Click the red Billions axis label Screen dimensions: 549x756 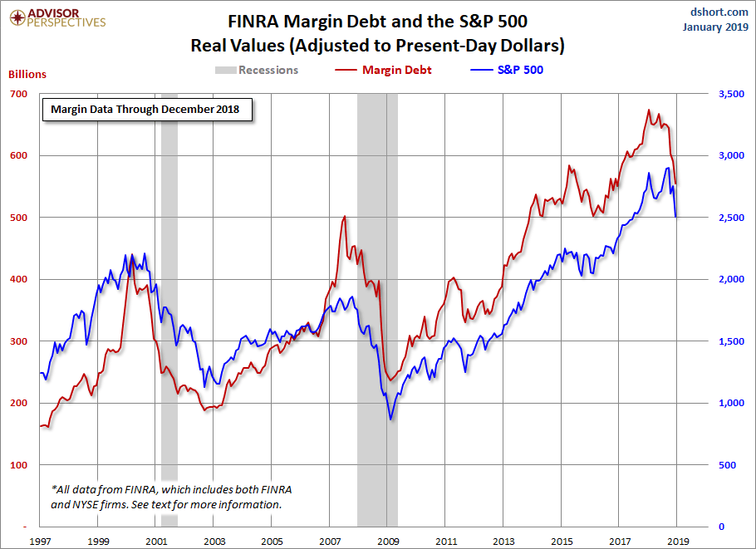[x=27, y=74]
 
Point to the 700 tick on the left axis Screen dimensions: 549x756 [x=18, y=94]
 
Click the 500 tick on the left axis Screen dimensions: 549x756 [x=18, y=218]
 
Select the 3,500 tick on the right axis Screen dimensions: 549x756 [x=729, y=94]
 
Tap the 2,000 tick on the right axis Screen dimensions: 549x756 [x=729, y=280]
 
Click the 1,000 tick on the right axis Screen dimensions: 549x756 [x=729, y=404]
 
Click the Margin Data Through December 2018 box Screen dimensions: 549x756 [x=146, y=109]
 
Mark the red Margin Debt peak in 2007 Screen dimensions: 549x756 [x=344, y=216]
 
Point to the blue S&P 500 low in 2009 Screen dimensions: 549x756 [x=390, y=419]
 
